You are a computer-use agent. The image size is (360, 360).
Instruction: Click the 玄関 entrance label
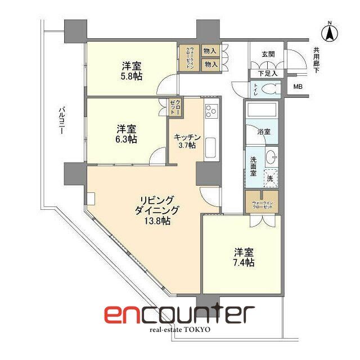point(268,55)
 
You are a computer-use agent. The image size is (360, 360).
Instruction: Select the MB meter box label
point(298,87)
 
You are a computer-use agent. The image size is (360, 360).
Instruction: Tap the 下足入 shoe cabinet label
point(267,73)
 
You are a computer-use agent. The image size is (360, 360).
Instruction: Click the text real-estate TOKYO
point(179,329)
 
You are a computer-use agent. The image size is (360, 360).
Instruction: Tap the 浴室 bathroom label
point(263,132)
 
